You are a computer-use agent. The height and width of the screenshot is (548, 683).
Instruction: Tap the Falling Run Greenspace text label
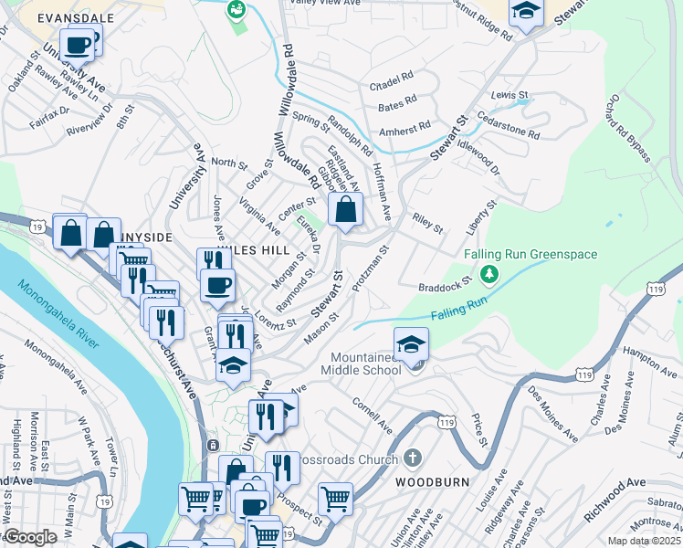coord(530,254)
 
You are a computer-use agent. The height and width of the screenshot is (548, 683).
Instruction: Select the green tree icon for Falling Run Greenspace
coord(489,273)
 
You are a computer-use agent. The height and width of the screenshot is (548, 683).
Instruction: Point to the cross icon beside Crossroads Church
coord(412,458)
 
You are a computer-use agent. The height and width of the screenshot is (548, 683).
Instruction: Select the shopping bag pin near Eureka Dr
coord(346,210)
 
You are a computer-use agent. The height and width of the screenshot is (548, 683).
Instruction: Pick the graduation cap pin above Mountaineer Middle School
coord(412,345)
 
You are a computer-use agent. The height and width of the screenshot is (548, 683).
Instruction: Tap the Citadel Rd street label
coord(392,81)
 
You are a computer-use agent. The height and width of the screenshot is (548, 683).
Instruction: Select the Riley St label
coord(427,223)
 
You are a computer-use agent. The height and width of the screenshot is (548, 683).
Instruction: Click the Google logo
coord(30,537)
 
